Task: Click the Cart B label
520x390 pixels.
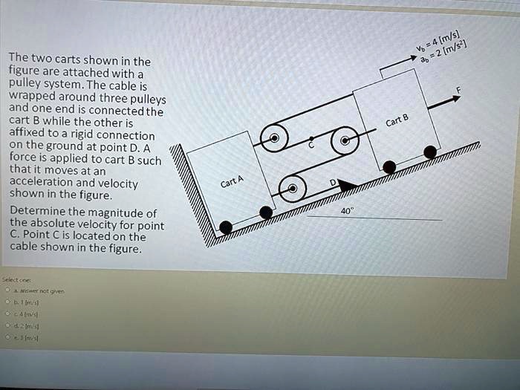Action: coord(397,122)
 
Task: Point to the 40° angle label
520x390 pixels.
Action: coord(346,211)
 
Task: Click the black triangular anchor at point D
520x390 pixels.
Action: coord(345,181)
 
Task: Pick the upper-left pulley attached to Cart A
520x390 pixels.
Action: coord(275,139)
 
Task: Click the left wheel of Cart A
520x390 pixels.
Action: coord(226,227)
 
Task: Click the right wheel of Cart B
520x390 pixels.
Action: coord(430,152)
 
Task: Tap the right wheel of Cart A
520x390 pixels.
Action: coord(266,212)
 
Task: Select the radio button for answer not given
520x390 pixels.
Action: coord(7,291)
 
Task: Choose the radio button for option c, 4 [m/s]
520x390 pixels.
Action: coord(7,314)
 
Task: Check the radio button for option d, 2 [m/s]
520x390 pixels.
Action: coord(7,325)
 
